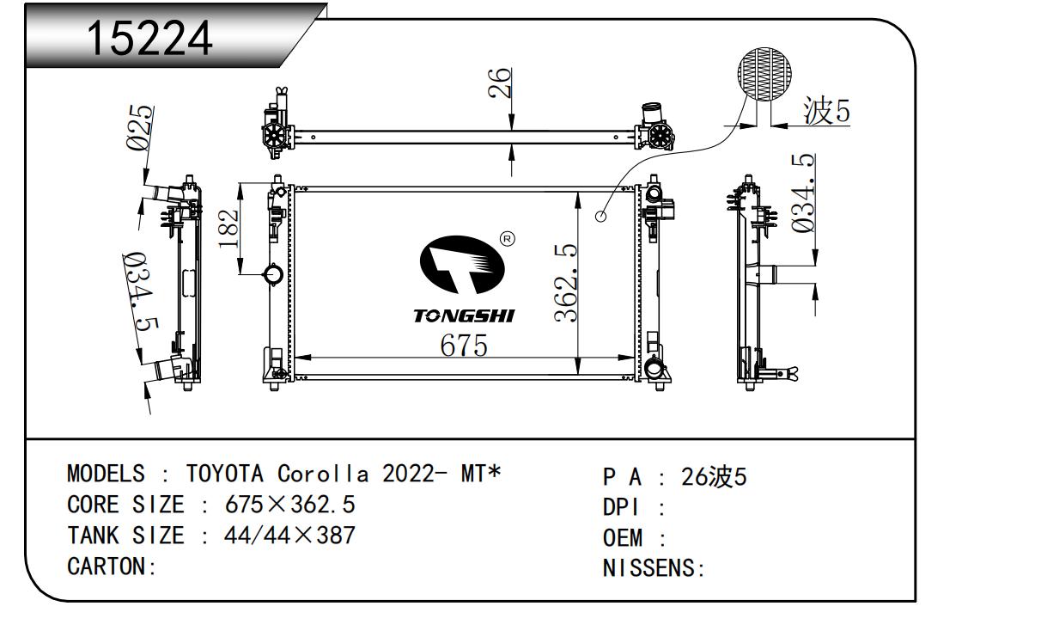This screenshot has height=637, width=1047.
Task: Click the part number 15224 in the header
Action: [149, 39]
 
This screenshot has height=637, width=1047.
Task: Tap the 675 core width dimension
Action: [464, 346]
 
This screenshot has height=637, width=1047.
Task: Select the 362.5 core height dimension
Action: [565, 283]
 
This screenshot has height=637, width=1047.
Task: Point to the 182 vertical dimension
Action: [228, 228]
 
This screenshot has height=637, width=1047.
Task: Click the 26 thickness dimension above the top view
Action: [499, 83]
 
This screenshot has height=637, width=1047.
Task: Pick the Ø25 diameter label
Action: [140, 127]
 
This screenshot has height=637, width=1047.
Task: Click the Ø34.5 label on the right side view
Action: [803, 193]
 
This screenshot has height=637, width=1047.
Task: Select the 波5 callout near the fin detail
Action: [826, 111]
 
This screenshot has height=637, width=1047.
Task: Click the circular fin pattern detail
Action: [764, 74]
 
